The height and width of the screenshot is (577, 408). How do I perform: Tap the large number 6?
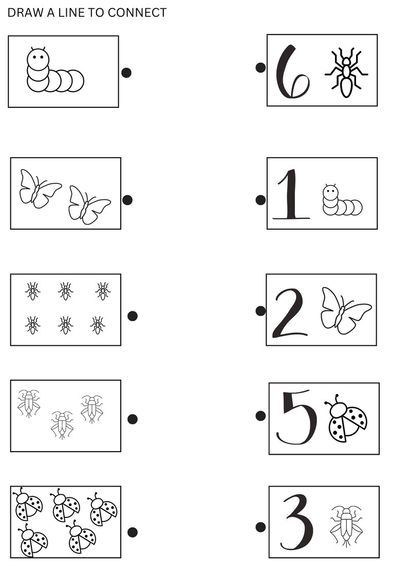[x=291, y=72]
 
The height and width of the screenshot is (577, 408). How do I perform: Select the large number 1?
[x=291, y=194]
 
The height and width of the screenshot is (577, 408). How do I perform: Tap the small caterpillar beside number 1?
[x=341, y=200]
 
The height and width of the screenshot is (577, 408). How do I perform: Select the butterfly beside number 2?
[x=344, y=310]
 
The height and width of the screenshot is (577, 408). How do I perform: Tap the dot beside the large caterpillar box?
[x=126, y=72]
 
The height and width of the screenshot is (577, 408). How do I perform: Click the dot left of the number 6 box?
[x=261, y=67]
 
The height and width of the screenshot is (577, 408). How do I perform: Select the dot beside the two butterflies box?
[x=127, y=200]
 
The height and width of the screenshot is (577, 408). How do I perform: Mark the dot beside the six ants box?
[x=132, y=316]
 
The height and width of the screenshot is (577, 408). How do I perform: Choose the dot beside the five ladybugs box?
[x=132, y=532]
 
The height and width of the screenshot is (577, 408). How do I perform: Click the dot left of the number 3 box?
[x=261, y=527]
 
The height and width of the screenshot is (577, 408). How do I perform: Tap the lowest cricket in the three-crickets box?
[x=62, y=425]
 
